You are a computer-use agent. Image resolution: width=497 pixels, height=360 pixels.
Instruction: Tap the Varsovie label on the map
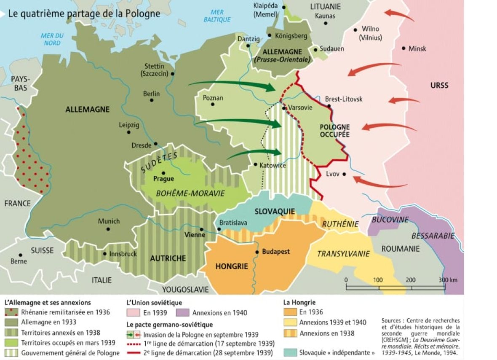[x=300, y=107]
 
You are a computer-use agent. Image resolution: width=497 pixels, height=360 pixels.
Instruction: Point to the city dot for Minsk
[x=403, y=48]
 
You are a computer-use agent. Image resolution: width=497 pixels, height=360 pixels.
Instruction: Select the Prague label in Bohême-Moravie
[x=163, y=179]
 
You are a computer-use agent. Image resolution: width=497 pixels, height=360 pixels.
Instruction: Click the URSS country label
[x=439, y=85]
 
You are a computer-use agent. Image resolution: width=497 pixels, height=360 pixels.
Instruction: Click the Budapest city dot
[x=257, y=252]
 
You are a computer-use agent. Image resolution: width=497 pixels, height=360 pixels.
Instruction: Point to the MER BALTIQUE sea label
[x=217, y=16]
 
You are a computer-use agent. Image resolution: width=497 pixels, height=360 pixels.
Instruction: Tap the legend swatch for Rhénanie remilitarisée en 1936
[x=11, y=312]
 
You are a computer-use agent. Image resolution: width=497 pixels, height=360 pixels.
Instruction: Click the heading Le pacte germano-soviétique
[x=170, y=325]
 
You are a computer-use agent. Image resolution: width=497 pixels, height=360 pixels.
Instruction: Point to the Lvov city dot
[x=344, y=174]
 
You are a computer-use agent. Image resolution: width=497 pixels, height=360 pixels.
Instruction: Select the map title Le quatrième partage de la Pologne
[x=84, y=13]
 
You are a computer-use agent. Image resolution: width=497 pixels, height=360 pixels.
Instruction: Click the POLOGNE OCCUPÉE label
[x=334, y=131]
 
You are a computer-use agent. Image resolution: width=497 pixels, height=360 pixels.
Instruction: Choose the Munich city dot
[x=108, y=229]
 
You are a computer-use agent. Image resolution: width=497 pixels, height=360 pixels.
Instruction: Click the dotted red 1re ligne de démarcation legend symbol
[x=136, y=344]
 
